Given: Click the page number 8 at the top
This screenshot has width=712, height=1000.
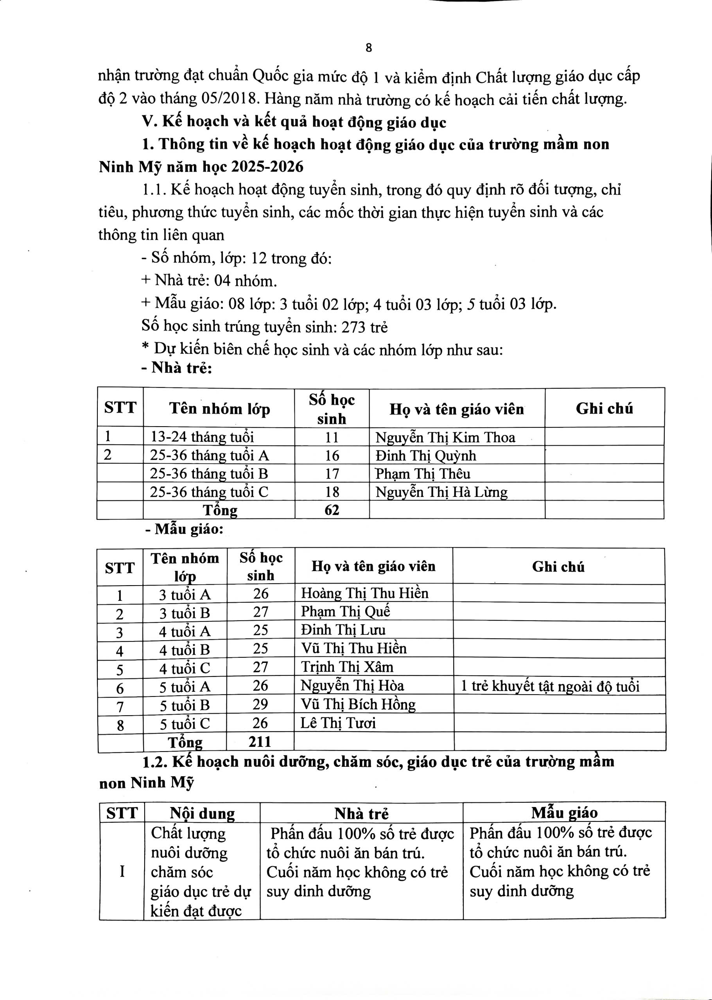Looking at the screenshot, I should (368, 48).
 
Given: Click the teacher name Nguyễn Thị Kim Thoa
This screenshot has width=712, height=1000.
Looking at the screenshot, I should (445, 437).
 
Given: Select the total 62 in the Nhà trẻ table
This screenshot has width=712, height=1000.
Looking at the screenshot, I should (332, 510).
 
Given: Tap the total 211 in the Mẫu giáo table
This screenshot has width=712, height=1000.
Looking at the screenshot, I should (260, 741).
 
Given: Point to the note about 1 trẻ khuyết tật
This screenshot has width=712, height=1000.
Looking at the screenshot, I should (550, 686).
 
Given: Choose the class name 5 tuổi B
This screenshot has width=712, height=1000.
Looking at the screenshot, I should (185, 705).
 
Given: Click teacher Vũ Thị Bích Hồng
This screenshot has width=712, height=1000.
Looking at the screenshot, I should (358, 704).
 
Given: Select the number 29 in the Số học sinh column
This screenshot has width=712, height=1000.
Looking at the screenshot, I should (260, 704).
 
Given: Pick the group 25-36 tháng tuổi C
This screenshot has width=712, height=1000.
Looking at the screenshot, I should (209, 492).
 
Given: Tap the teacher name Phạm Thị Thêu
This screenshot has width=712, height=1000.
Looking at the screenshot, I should (423, 473).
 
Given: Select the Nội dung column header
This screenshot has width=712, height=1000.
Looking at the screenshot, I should (202, 813).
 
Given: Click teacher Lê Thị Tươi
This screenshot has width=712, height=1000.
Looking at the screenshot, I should (338, 723).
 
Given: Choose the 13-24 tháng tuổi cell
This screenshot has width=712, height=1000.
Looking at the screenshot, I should (202, 437).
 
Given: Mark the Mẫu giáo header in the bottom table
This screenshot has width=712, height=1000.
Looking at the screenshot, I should (564, 813).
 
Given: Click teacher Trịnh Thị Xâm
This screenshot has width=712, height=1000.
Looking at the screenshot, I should (347, 667).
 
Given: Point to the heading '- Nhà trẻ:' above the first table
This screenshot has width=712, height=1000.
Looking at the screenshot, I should (177, 368).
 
